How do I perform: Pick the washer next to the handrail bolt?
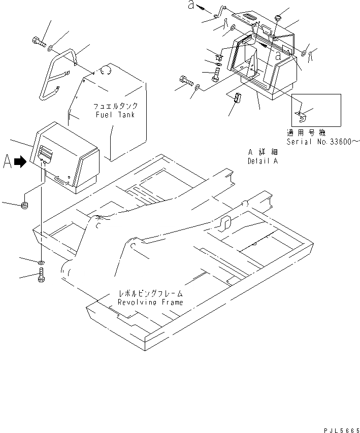52,48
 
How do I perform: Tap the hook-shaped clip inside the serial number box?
302,116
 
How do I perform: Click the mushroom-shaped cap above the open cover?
277,19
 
